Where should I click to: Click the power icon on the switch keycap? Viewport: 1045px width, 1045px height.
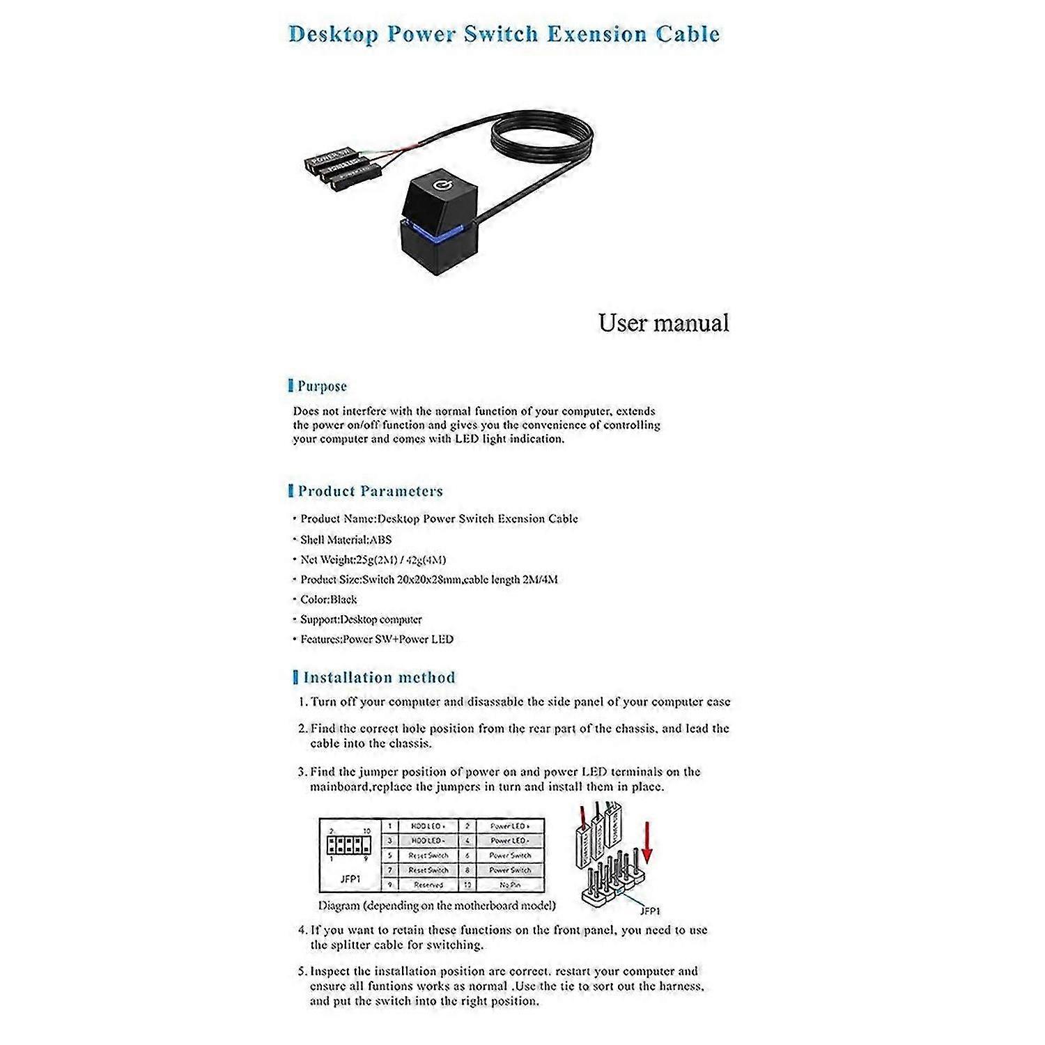440,185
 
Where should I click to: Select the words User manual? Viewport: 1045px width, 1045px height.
663,323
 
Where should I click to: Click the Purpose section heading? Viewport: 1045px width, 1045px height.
321,386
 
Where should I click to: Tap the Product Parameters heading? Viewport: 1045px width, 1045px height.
370,490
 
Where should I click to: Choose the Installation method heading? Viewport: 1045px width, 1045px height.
378,677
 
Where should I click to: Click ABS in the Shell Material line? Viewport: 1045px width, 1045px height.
380,539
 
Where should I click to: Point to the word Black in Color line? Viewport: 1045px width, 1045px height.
343,599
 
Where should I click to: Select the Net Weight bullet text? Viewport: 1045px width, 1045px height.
373,559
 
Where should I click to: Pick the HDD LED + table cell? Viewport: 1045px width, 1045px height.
428,826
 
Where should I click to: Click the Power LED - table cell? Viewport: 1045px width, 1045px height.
510,841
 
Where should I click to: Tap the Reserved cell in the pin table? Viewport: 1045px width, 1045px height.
428,885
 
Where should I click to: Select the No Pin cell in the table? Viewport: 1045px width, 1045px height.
510,885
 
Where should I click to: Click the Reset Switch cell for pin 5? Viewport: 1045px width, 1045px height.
428,856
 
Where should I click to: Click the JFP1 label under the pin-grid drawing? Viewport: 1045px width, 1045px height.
350,879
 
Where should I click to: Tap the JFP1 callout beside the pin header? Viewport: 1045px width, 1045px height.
650,911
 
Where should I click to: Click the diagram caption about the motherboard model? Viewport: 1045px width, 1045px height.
437,906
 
